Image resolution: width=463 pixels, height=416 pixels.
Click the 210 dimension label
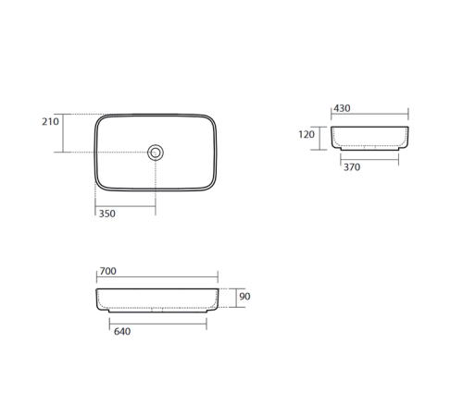[50, 122]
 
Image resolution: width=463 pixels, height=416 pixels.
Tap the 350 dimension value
[106, 214]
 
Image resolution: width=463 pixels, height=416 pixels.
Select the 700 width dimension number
[108, 271]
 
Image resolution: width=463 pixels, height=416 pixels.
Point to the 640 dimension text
[122, 332]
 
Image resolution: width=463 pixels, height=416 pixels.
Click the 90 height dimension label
[244, 297]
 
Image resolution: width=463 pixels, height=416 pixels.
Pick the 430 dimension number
[342, 108]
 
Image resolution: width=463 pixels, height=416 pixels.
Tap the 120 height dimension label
[307, 134]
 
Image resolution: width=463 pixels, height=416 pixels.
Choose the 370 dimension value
[352, 167]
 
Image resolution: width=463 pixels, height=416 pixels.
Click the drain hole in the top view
[156, 153]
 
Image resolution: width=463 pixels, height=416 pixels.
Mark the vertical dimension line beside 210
[63, 133]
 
